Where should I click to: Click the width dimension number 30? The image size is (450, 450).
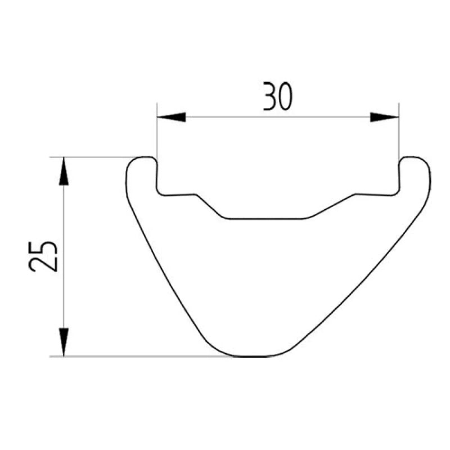278,96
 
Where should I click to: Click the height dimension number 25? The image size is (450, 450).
43,256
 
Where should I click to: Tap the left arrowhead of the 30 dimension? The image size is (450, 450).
172,117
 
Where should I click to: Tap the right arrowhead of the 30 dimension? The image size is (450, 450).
385,117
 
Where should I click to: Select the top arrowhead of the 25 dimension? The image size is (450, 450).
64,171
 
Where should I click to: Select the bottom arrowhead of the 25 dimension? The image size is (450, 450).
64,342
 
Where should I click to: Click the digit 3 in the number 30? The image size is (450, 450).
270,96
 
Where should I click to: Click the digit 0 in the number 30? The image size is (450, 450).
286,96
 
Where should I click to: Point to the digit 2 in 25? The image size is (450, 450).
43,264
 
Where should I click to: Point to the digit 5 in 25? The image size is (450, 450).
43,248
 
